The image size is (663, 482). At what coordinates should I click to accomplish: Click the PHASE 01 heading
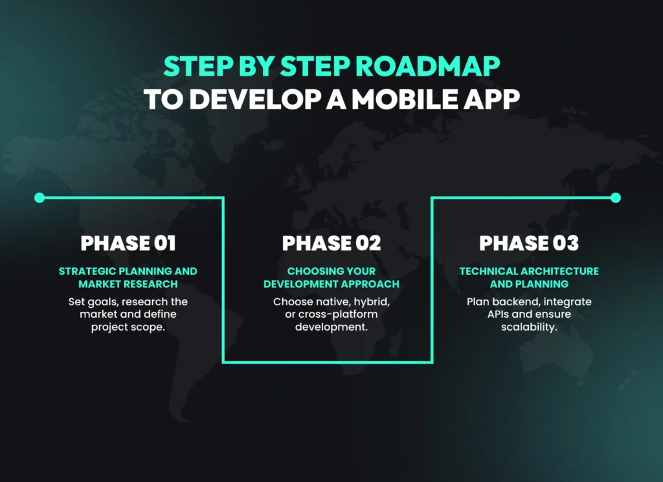[x=128, y=243]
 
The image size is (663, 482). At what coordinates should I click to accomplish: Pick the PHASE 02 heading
[x=331, y=243]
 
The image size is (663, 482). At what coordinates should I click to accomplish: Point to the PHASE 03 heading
[x=529, y=243]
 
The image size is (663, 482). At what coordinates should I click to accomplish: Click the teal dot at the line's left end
[x=39, y=197]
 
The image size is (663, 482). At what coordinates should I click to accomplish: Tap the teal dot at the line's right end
[x=616, y=197]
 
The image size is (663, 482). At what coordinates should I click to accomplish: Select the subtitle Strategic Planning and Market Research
[x=128, y=278]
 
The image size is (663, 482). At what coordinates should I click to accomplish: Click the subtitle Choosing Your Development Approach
[x=331, y=278]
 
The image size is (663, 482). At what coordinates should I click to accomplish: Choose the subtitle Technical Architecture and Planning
[x=529, y=278]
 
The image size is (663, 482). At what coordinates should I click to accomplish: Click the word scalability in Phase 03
[x=529, y=327]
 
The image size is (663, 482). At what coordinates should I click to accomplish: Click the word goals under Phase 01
[x=104, y=302]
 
